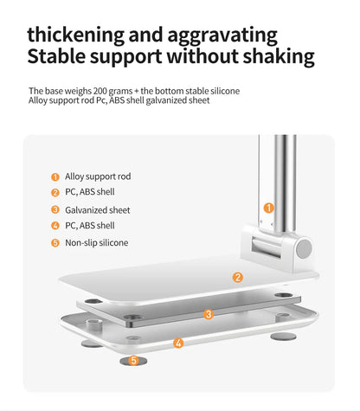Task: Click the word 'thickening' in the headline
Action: pyautogui.click(x=76, y=35)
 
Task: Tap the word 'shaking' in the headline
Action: pyautogui.click(x=279, y=56)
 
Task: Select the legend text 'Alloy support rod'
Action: pyautogui.click(x=98, y=177)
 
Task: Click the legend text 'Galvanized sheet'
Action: pyautogui.click(x=98, y=210)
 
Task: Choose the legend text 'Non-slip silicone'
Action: pyautogui.click(x=97, y=243)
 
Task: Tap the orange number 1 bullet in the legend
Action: pyautogui.click(x=55, y=177)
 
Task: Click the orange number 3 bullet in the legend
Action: pyautogui.click(x=55, y=209)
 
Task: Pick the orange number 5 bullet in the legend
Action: pyautogui.click(x=55, y=243)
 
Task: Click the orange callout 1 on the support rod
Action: pyautogui.click(x=269, y=208)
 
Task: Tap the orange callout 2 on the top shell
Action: pyautogui.click(x=238, y=278)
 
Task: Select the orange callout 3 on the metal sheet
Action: pyautogui.click(x=209, y=314)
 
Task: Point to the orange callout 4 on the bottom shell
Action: pyautogui.click(x=178, y=343)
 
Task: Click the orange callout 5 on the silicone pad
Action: pyautogui.click(x=133, y=360)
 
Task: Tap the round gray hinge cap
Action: pyautogui.click(x=304, y=249)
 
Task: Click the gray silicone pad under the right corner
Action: pyautogui.click(x=284, y=337)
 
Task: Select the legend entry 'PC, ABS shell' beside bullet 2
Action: pyautogui.click(x=90, y=192)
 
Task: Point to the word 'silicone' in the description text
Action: pyautogui.click(x=225, y=91)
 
